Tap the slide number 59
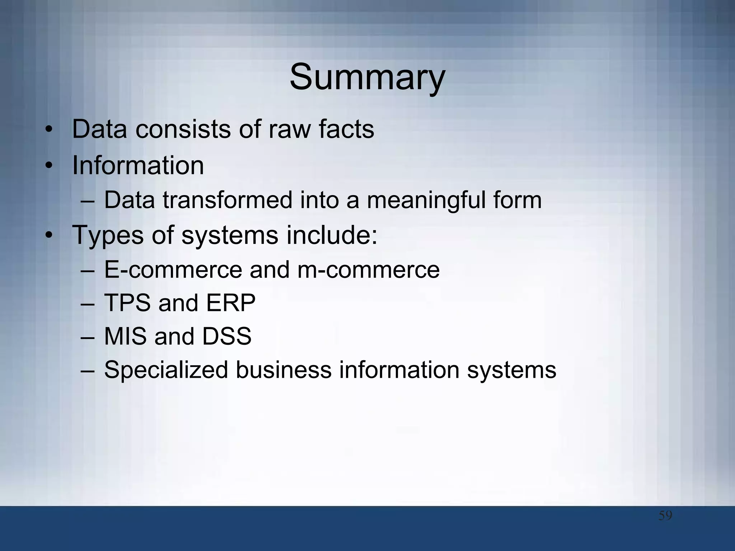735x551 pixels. coord(665,516)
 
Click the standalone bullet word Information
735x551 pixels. coord(138,165)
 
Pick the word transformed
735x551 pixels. coord(228,200)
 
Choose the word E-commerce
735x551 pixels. coord(173,270)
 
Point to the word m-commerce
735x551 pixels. coord(368,270)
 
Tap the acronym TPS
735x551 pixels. coord(127,303)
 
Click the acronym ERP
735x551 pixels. coord(230,303)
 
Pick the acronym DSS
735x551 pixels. coord(226,336)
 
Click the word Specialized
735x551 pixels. coord(166,370)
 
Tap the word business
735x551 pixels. coord(284,370)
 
